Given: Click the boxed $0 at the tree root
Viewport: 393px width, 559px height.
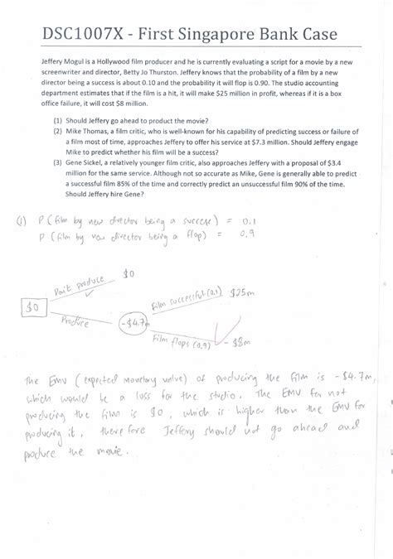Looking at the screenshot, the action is [x=33, y=306].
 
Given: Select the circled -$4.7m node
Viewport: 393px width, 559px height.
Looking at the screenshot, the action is [x=133, y=321].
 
